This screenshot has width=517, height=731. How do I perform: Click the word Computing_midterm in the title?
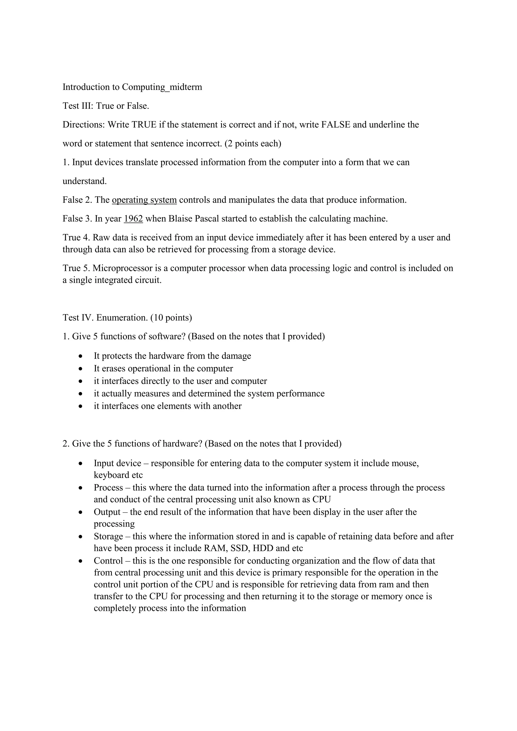click(162, 87)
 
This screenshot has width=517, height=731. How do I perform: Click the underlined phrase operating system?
click(144, 200)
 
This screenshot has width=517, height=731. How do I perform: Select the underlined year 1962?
click(133, 219)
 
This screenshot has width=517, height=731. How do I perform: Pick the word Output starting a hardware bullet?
click(107, 512)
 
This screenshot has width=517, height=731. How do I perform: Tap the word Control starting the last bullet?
click(108, 561)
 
